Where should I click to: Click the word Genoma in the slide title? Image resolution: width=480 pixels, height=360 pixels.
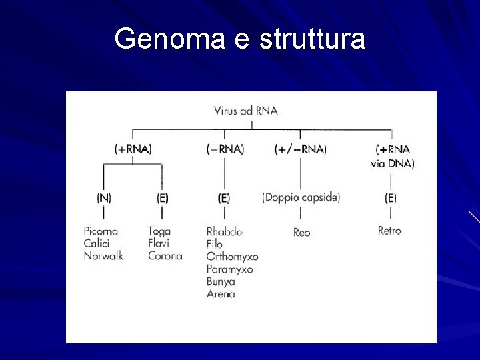(x=170, y=39)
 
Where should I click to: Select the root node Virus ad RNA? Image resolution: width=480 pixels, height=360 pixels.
(x=245, y=111)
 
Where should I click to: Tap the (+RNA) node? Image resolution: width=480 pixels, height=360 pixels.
(x=133, y=149)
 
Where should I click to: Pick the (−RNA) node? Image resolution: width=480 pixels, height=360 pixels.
(x=225, y=149)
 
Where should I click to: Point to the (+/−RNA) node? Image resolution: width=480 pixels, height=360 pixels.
(x=301, y=149)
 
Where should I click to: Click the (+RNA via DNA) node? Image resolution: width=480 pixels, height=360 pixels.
(x=392, y=156)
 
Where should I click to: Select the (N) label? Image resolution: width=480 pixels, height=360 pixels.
(x=104, y=197)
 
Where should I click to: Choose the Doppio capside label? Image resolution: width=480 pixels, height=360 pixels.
(x=301, y=197)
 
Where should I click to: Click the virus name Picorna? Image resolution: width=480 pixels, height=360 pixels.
(x=101, y=231)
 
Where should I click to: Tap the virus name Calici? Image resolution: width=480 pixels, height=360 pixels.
(x=96, y=243)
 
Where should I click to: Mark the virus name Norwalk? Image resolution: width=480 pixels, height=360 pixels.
(x=103, y=255)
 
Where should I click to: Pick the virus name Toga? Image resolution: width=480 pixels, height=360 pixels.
(x=159, y=231)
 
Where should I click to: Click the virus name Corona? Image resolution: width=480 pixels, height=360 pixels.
(x=165, y=255)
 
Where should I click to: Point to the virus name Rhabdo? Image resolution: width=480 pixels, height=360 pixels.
(x=224, y=231)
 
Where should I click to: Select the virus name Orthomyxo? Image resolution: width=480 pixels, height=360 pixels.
(x=232, y=257)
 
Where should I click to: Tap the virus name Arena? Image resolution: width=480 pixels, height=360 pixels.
(x=221, y=294)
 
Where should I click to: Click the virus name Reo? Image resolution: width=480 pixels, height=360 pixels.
(x=301, y=232)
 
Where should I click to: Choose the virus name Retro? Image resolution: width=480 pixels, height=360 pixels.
(x=389, y=231)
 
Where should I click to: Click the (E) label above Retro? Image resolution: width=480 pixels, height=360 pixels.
(x=391, y=197)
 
